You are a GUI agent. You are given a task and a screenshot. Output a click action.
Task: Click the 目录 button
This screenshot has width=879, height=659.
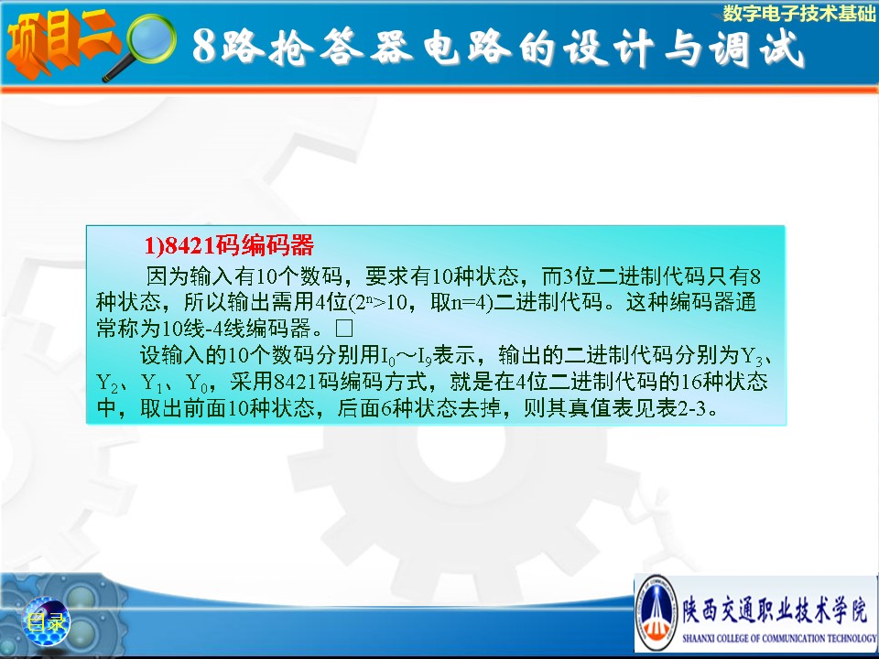(46, 622)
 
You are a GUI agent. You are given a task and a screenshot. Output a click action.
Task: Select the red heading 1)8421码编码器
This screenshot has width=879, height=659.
(229, 245)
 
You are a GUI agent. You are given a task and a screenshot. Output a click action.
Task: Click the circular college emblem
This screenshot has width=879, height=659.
(657, 612)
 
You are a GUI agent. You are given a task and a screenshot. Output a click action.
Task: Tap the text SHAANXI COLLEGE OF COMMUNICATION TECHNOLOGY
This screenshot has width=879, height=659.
(779, 638)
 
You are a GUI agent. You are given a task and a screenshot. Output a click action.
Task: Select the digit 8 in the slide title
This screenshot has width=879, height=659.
(204, 46)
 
